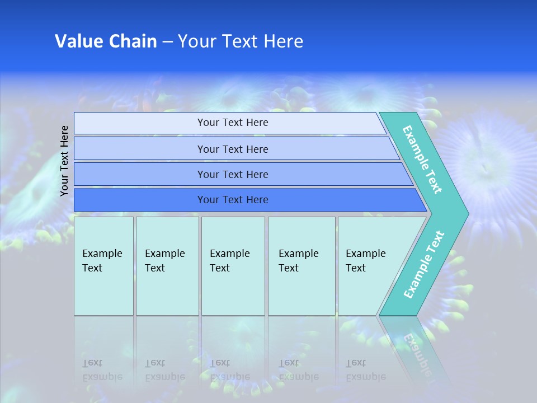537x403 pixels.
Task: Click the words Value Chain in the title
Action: coord(106,41)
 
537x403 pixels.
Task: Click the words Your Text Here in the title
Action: coord(241,41)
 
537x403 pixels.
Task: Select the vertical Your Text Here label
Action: coord(65,161)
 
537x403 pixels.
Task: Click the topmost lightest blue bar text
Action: coord(233,123)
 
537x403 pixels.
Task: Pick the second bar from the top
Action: coord(233,149)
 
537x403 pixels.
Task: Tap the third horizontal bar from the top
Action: coord(233,175)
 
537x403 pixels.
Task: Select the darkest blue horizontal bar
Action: coord(233,200)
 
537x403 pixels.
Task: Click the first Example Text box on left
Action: coord(103,266)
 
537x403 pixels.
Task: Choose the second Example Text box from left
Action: coord(167,266)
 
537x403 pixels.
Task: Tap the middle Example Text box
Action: coord(233,266)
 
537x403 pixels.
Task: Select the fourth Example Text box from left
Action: coord(301,266)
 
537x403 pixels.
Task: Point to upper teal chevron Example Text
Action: coord(423,160)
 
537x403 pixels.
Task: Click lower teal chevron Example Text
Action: coord(424,264)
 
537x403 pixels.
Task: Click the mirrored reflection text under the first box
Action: coord(102,369)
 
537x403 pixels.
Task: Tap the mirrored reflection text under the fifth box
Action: coord(366,369)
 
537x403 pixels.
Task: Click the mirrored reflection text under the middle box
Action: coord(230,369)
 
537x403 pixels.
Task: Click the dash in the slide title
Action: coord(167,42)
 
